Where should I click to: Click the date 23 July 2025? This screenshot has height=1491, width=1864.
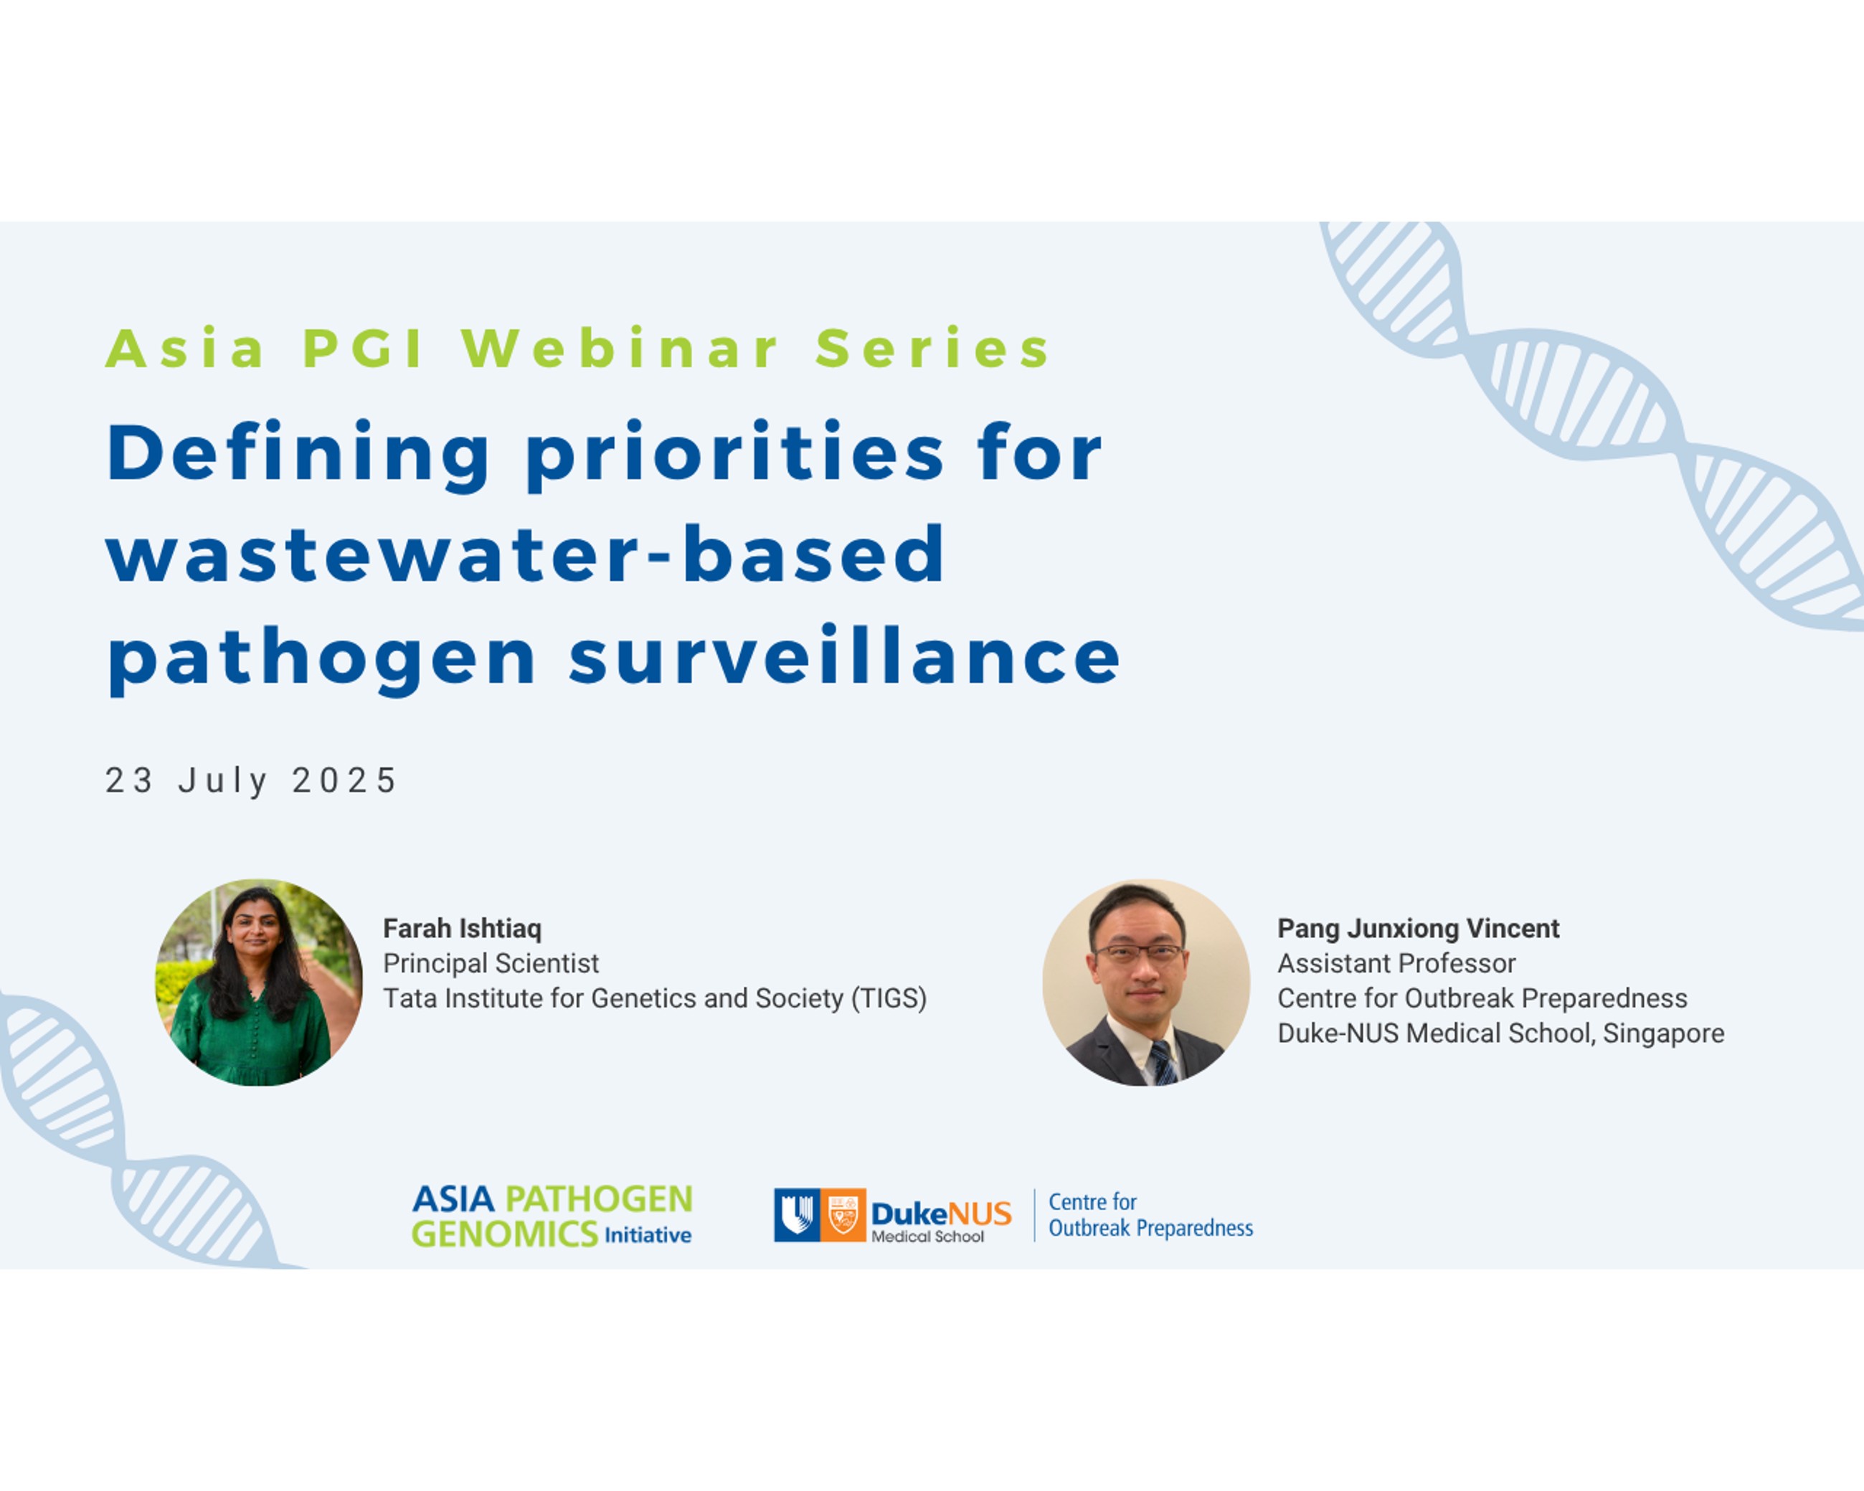click(251, 780)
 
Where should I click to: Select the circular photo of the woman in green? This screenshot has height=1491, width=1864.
click(258, 982)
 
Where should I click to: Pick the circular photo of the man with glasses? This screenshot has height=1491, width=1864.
click(1145, 982)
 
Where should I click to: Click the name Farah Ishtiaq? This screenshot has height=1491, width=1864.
click(463, 928)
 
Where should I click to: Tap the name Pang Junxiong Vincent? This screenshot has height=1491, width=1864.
click(1418, 928)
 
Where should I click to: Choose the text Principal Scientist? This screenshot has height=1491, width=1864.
click(491, 963)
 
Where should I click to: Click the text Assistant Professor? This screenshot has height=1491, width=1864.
click(1396, 963)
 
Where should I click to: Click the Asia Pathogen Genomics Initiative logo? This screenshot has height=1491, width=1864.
click(552, 1216)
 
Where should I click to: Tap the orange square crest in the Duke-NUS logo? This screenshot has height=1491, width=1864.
click(843, 1216)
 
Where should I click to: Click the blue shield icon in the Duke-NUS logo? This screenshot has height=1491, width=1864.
click(797, 1216)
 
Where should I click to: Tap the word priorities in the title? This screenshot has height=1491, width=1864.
click(736, 455)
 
